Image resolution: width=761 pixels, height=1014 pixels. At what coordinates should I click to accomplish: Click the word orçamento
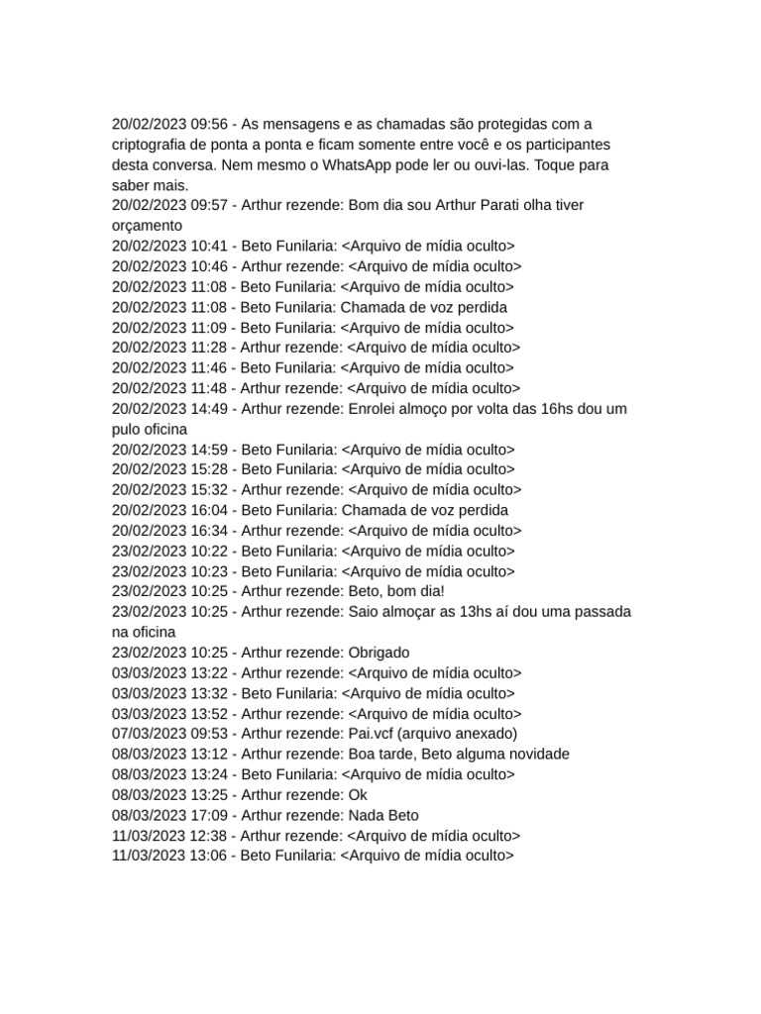[x=148, y=226]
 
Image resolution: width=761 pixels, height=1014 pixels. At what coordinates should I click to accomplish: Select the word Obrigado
[x=379, y=653]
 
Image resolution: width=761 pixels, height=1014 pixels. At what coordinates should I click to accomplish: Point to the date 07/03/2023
[x=149, y=734]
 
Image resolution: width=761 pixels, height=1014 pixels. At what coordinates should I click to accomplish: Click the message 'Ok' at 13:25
[x=359, y=795]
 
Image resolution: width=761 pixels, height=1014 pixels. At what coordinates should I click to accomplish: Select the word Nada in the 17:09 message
[x=367, y=816]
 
